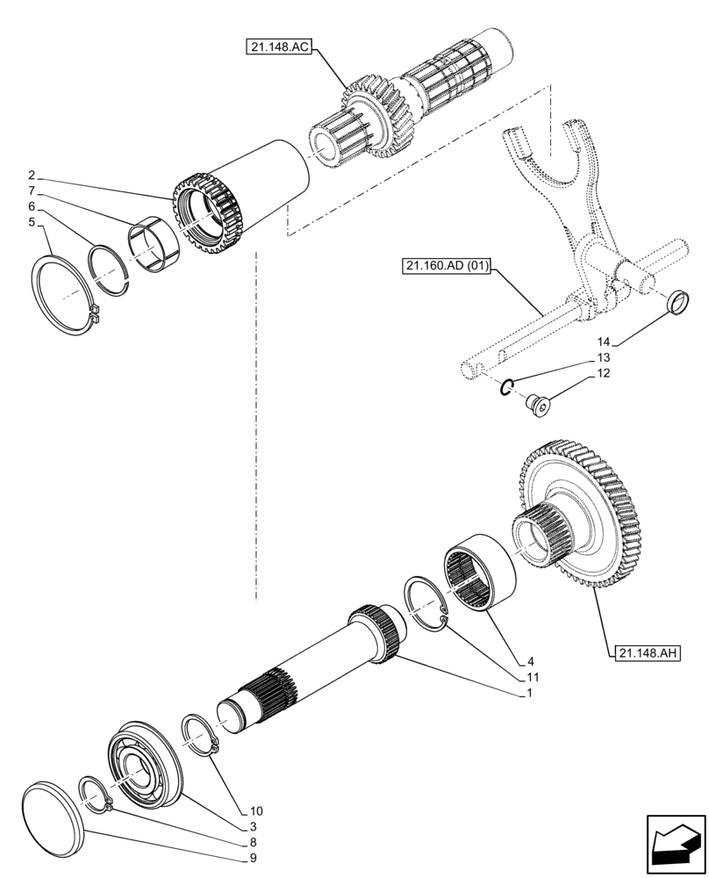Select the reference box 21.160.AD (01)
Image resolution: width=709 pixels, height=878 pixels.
coord(447,264)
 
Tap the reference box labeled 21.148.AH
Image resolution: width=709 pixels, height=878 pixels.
coord(648,652)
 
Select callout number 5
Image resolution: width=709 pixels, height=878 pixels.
coord(32,223)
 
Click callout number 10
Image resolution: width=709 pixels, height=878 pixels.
coord(255,810)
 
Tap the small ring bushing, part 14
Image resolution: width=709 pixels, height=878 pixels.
coord(676,303)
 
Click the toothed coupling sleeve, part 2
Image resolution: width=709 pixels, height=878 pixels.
coord(208,215)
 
